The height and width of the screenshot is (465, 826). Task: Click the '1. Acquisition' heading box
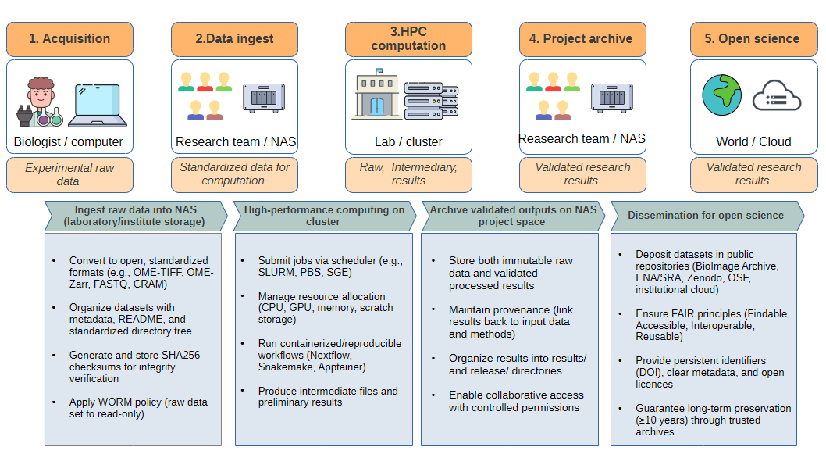[x=69, y=39]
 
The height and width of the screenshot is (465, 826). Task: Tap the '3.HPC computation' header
[x=408, y=39]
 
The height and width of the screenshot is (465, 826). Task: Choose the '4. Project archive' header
[x=582, y=39]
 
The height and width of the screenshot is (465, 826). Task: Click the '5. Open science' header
[x=753, y=39]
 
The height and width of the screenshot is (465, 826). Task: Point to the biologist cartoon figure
[x=38, y=102]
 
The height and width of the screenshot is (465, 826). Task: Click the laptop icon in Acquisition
[x=94, y=106]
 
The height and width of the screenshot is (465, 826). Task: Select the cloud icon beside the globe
[x=777, y=97]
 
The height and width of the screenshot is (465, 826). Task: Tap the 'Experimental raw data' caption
[x=69, y=174]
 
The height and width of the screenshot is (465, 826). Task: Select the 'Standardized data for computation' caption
[x=234, y=174]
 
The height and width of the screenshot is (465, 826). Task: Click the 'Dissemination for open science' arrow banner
[x=705, y=216]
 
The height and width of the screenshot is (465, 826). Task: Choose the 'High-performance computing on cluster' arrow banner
[x=324, y=216]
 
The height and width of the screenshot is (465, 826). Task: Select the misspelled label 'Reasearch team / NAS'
[x=582, y=139]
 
